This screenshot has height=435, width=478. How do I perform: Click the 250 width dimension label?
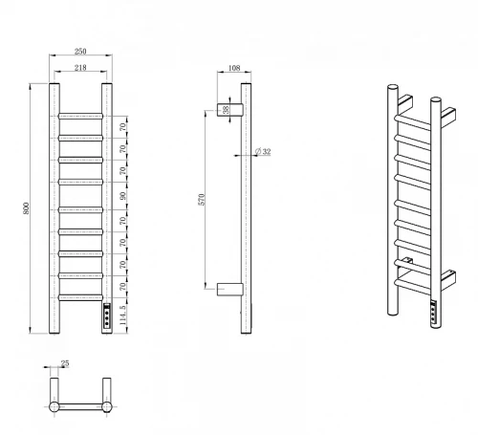pyautogui.click(x=80, y=52)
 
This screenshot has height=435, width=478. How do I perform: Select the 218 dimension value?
pyautogui.click(x=80, y=68)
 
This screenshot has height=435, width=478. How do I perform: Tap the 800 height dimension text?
pyautogui.click(x=26, y=208)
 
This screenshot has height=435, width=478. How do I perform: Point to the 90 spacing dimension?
pyautogui.click(x=123, y=196)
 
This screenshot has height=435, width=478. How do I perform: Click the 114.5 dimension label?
pyautogui.click(x=123, y=315)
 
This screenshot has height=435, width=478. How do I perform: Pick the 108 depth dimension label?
pyautogui.click(x=234, y=68)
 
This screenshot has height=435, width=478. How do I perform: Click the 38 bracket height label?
pyautogui.click(x=226, y=110)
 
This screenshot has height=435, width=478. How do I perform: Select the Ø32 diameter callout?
pyautogui.click(x=263, y=151)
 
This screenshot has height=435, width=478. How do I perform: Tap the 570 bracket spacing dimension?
pyautogui.click(x=202, y=200)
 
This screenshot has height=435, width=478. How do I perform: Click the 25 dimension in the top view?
pyautogui.click(x=65, y=363)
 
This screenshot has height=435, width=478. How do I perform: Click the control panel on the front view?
pyautogui.click(x=107, y=315)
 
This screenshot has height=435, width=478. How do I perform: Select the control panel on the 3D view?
pyautogui.click(x=433, y=312)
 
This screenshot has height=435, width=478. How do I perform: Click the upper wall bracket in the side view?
pyautogui.click(x=230, y=110)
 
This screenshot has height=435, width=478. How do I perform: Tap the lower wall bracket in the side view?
pyautogui.click(x=230, y=289)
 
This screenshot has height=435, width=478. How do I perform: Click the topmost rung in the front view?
pyautogui.click(x=80, y=116)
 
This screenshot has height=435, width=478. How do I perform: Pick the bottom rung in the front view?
pyautogui.click(x=80, y=297)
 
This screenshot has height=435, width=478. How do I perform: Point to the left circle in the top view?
pyautogui.click(x=54, y=407)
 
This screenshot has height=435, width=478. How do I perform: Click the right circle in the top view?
pyautogui.click(x=107, y=407)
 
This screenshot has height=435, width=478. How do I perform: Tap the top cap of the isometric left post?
pyautogui.click(x=393, y=87)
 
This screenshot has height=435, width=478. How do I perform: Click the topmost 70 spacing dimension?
pyautogui.click(x=123, y=127)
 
